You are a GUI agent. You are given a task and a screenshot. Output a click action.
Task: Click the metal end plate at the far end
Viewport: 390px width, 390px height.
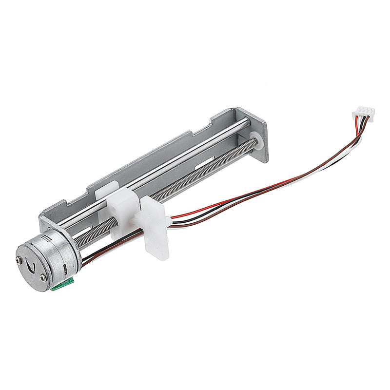(258, 132)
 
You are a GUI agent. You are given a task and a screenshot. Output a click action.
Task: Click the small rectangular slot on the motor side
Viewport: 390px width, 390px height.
(47, 238)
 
